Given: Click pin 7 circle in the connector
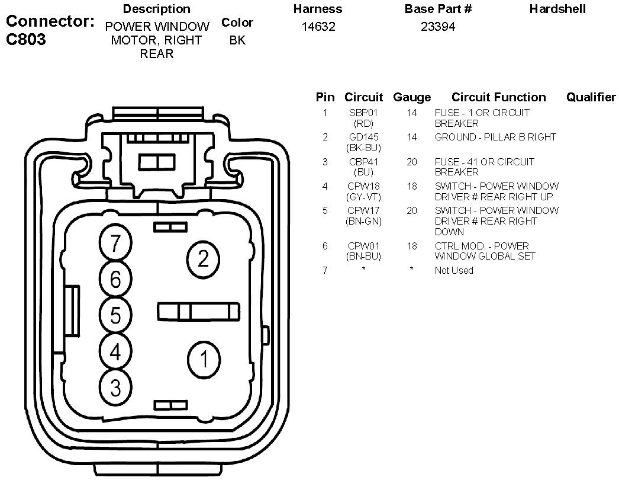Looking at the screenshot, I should click(115, 242).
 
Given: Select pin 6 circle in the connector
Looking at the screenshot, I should click(115, 278).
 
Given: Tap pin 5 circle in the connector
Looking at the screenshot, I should click(115, 315).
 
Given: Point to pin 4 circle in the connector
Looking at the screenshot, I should click(115, 351).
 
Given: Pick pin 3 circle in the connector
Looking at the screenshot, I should click(115, 388).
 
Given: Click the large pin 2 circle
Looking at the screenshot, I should click(203, 258).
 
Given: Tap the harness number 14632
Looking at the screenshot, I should click(318, 27).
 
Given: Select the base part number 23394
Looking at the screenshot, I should click(438, 27).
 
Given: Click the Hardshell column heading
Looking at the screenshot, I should click(557, 9).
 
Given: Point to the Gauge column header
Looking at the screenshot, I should click(412, 97).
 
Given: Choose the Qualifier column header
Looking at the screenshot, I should click(591, 97).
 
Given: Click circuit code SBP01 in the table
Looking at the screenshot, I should click(363, 113).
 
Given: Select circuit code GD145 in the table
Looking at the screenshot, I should click(363, 137).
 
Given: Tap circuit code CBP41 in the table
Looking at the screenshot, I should click(363, 162).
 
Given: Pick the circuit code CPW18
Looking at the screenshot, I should click(363, 186).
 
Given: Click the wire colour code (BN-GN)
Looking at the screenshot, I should click(363, 221).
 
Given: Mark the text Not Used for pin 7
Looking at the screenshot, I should click(454, 270).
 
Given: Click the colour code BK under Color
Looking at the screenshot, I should click(237, 40).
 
